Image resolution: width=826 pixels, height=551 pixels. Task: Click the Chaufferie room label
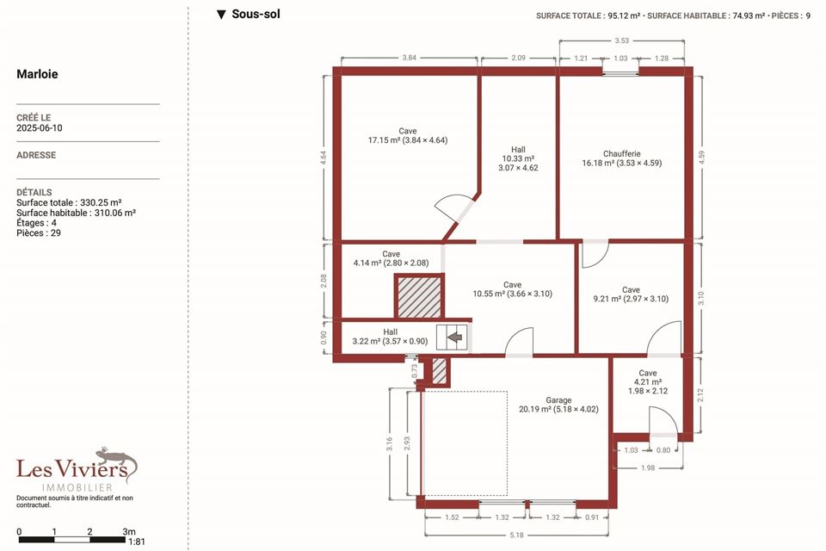[621, 158]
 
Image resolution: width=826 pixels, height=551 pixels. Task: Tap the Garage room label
[558, 405]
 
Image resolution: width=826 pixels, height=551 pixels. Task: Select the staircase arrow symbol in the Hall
[454, 337]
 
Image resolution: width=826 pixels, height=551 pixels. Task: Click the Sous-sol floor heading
[249, 15]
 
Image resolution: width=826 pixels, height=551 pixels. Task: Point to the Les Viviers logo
[77, 469]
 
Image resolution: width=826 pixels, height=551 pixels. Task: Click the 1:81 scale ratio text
[137, 542]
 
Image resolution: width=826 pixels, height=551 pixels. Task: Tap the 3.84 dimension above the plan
[410, 58]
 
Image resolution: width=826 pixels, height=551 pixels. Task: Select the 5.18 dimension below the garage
[517, 535]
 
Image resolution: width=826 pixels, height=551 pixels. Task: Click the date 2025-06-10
[40, 127]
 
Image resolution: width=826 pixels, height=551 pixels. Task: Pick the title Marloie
[37, 74]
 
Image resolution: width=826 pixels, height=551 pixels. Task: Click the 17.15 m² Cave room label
[408, 135]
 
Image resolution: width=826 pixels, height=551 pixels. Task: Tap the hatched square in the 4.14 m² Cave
[419, 297]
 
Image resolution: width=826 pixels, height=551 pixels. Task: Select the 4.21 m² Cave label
[647, 381]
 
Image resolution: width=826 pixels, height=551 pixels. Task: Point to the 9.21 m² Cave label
[631, 294]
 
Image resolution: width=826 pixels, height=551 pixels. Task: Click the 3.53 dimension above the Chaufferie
[621, 40]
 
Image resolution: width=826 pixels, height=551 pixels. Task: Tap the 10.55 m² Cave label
[513, 289]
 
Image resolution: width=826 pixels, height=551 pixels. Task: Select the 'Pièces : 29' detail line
[39, 233]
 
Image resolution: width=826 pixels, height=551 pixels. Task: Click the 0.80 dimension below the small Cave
[663, 449]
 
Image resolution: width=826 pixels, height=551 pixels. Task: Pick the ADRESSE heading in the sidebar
[36, 155]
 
